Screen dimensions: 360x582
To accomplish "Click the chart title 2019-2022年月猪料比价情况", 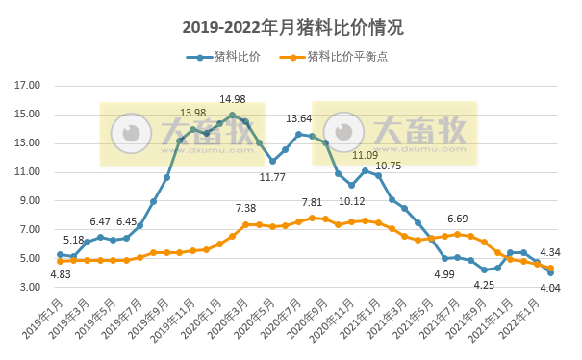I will [291, 26].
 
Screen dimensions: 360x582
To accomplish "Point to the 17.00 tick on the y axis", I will [28, 86].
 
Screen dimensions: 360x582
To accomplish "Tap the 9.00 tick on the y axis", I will [30, 201].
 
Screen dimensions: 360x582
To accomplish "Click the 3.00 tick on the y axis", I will [30, 288].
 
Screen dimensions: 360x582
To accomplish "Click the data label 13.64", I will [298, 119].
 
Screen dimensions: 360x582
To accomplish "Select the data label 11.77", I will [273, 177].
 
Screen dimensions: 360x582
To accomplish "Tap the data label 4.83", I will [60, 275].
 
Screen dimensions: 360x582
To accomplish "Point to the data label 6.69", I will [457, 219].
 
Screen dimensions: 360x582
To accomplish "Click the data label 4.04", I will [550, 288].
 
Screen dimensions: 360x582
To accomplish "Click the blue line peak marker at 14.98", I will [233, 115].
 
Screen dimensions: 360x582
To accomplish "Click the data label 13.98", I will [192, 114].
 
